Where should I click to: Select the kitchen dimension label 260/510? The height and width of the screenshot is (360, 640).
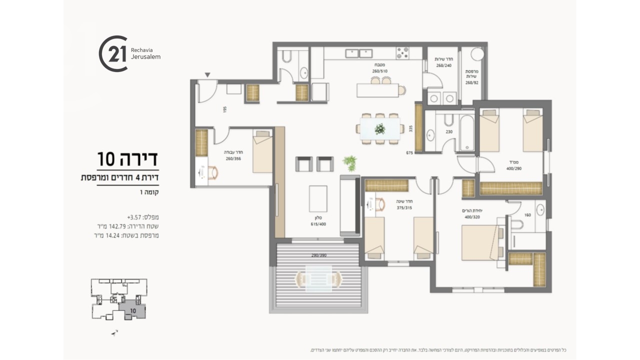point(379,71)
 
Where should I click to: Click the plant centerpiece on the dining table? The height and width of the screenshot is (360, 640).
point(380,128)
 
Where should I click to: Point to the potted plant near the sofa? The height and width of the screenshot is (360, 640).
point(349,162)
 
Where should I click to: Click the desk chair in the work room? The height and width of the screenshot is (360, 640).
point(214,172)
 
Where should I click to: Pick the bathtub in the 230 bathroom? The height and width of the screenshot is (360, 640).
point(468,132)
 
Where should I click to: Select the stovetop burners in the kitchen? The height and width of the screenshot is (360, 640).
point(403,51)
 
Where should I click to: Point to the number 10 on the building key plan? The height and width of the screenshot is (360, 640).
point(132,310)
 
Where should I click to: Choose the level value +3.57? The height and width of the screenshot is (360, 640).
point(135,217)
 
